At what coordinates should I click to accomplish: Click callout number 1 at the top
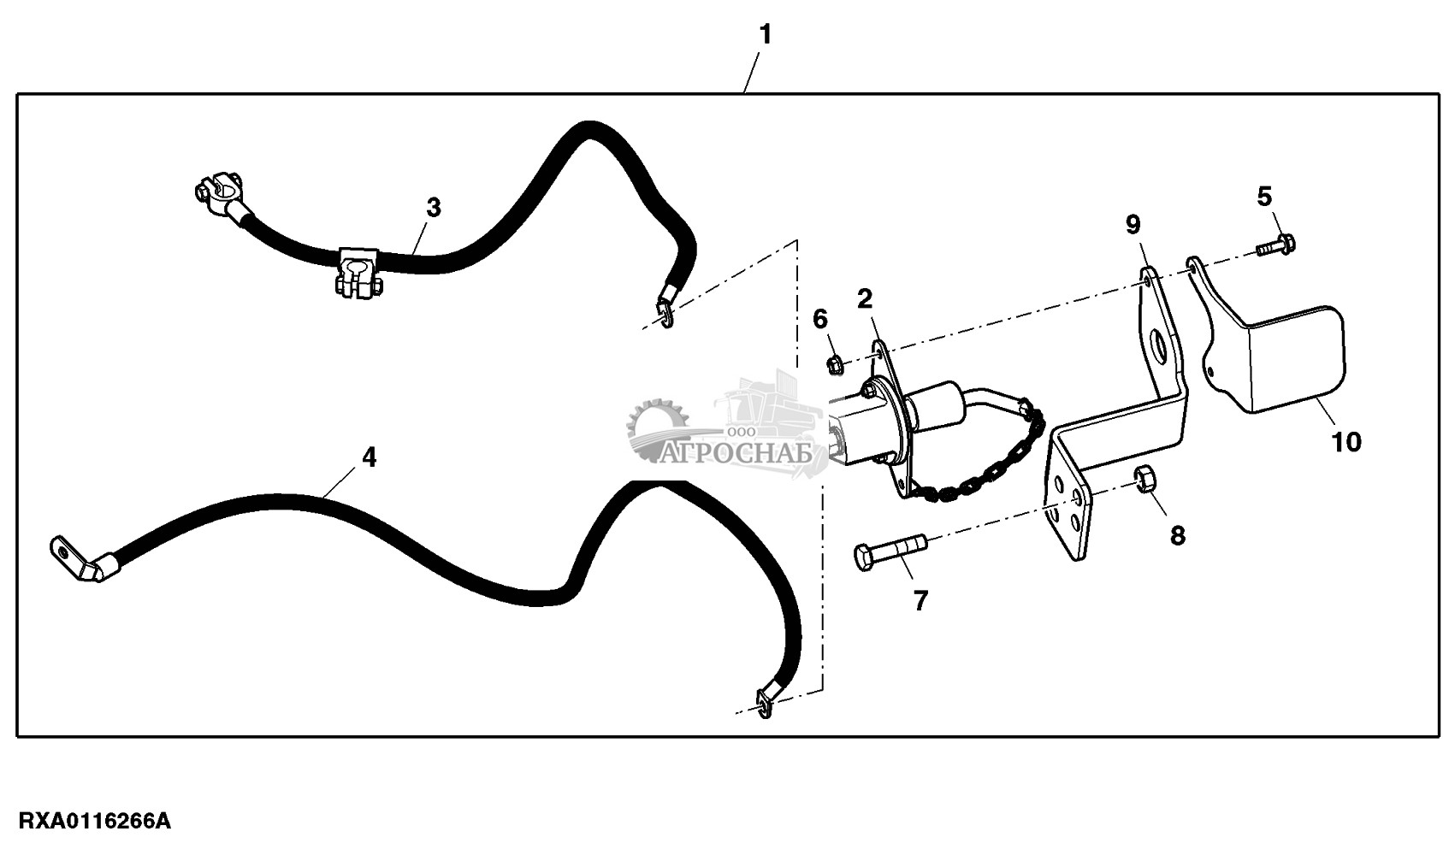tap(766, 34)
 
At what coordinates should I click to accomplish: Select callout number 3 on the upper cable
tap(434, 208)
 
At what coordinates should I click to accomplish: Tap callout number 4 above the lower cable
tap(369, 457)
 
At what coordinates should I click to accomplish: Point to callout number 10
tap(1346, 443)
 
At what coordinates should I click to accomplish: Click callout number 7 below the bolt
tap(920, 601)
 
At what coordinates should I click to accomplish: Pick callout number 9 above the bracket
tap(1133, 225)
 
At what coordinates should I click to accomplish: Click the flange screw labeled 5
tap(1275, 245)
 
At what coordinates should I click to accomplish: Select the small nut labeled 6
tap(836, 365)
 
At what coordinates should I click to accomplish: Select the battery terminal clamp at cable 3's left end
tap(221, 196)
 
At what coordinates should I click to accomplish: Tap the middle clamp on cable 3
tap(357, 274)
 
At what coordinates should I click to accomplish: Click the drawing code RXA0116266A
tap(95, 821)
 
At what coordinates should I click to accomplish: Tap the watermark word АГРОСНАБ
tap(736, 453)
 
